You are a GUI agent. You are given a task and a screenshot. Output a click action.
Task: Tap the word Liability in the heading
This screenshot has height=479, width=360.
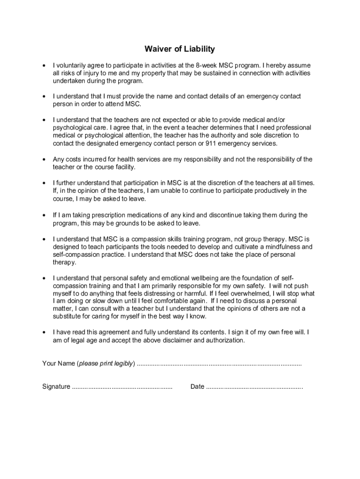click(x=196, y=49)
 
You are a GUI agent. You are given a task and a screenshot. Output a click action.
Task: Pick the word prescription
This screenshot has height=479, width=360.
click(x=100, y=215)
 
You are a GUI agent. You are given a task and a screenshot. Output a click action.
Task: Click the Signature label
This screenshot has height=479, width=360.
click(x=56, y=387)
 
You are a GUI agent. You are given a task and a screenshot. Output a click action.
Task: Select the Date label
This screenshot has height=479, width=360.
click(x=197, y=387)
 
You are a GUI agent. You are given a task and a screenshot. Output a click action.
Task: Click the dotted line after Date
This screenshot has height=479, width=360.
click(x=254, y=387)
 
